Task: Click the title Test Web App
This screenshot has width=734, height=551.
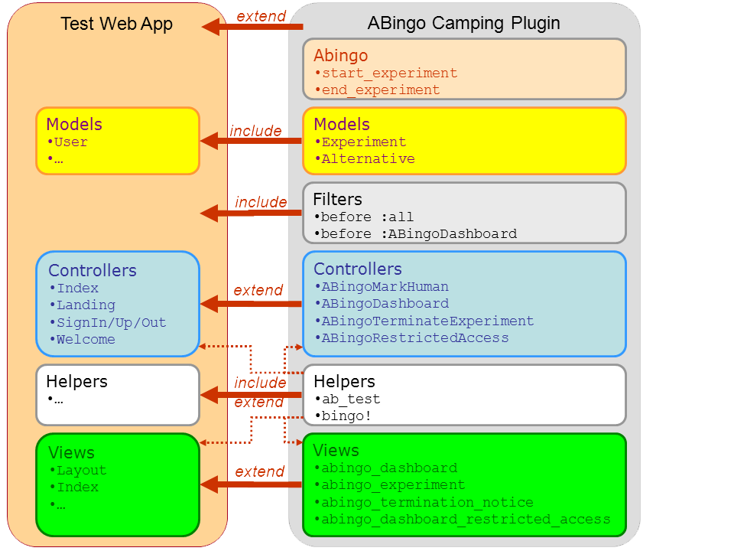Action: pyautogui.click(x=116, y=24)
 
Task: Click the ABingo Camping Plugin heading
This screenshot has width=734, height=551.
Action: pyautogui.click(x=463, y=24)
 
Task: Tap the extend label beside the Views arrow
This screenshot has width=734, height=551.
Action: pyautogui.click(x=259, y=471)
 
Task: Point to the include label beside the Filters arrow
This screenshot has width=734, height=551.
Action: pyautogui.click(x=261, y=202)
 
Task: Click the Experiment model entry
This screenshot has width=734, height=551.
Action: pyautogui.click(x=364, y=142)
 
